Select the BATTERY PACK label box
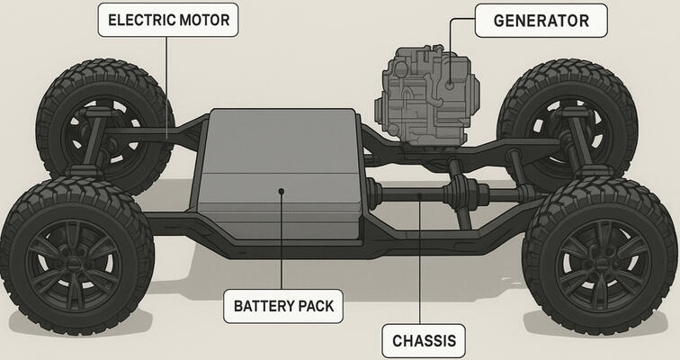[283, 306]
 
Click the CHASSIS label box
[425, 341]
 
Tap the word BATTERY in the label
[264, 306]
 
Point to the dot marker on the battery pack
[282, 191]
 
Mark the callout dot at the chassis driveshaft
[422, 192]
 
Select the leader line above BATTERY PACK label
[282, 243]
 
